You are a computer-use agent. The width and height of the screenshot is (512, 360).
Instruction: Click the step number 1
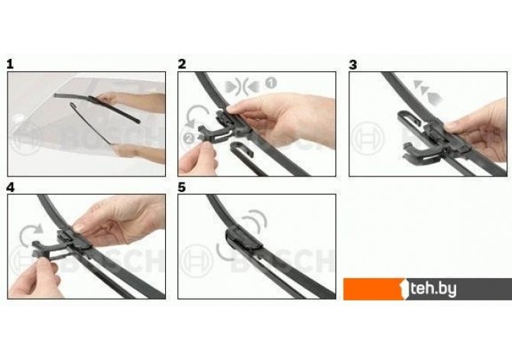(x=10, y=63)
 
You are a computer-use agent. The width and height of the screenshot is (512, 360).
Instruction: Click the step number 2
(x=182, y=63)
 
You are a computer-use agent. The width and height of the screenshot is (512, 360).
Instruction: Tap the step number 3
(x=353, y=64)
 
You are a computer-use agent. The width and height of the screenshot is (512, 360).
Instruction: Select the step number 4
(x=11, y=187)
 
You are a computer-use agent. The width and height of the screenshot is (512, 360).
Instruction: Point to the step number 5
(x=182, y=187)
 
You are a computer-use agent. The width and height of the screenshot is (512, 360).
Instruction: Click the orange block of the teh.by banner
(x=374, y=289)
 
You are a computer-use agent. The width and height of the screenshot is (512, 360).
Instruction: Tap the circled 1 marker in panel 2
(x=271, y=83)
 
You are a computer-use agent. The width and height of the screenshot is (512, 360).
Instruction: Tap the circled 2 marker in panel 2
(x=189, y=138)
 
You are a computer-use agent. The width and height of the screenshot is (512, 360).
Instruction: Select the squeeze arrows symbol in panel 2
(x=242, y=86)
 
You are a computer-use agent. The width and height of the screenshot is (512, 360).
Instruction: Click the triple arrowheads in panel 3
(x=427, y=92)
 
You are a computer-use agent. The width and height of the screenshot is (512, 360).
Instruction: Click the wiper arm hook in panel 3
(x=409, y=121)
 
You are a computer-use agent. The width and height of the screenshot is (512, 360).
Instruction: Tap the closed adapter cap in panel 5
(x=243, y=239)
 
